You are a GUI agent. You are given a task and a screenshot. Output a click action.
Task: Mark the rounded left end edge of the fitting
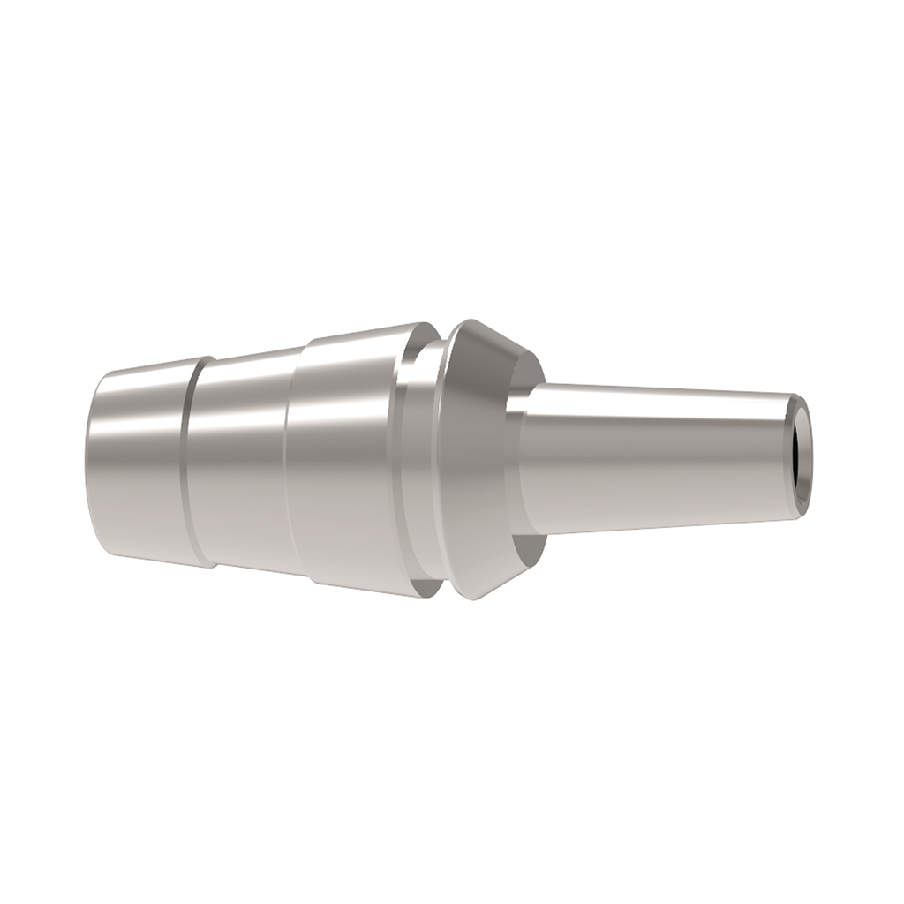pyautogui.click(x=92, y=463)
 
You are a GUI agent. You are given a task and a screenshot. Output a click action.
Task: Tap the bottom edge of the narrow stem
pyautogui.click(x=653, y=524)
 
